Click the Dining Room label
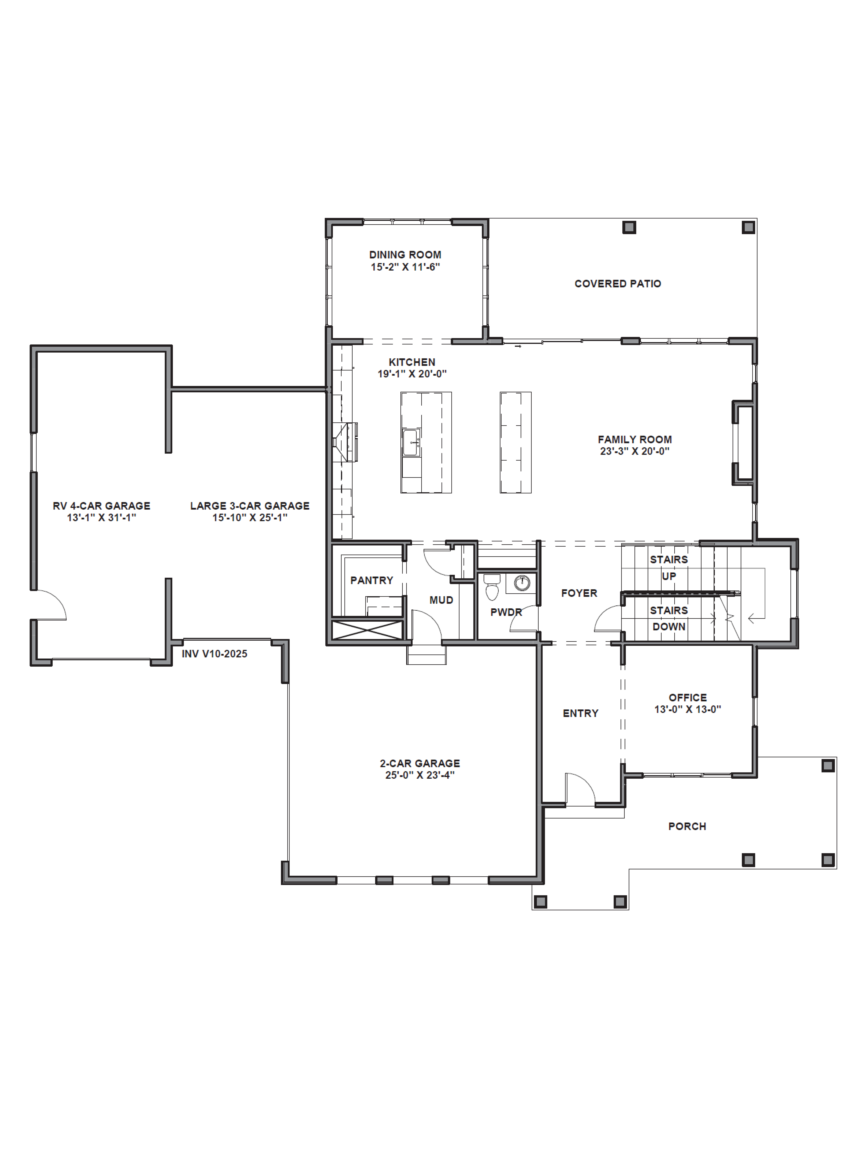405,255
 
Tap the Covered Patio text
617,283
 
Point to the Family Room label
635,439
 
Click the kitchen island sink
411,442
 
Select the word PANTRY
372,580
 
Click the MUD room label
441,600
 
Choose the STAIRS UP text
669,568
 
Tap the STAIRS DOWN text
669,618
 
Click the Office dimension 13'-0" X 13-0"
687,709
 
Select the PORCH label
687,826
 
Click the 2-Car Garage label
420,763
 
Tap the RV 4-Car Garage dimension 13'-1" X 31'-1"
102,517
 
